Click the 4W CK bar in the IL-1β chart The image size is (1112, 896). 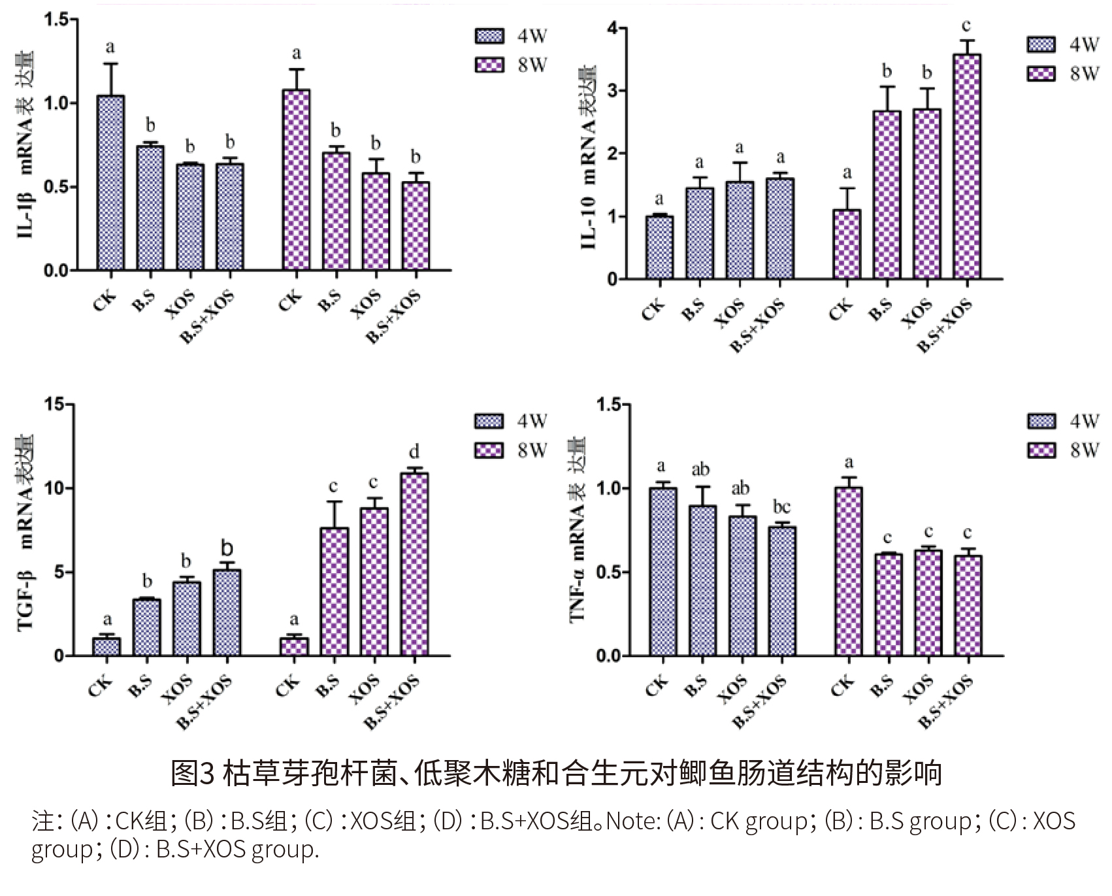pos(110,183)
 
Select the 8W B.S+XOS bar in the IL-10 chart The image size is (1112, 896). pos(966,167)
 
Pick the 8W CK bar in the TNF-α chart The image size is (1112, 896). pos(849,571)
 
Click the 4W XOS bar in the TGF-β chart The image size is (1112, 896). pos(187,618)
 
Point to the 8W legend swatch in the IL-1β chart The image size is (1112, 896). pos(489,65)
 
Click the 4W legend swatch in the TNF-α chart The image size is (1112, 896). pos(1041,422)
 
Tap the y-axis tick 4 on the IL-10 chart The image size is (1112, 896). pos(612,29)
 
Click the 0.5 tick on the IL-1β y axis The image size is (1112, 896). pos(56,188)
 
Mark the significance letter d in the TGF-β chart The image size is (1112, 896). pos(414,452)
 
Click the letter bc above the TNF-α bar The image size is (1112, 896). pos(781,507)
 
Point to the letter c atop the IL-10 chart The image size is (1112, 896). pos(966,26)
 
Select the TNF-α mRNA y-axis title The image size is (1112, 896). pos(578,529)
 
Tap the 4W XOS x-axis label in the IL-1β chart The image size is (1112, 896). pos(181,305)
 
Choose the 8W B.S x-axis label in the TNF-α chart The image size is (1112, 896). pos(882,688)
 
